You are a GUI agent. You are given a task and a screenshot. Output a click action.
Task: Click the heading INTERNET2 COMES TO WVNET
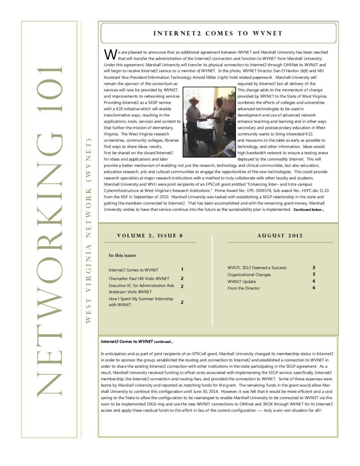point(218,33)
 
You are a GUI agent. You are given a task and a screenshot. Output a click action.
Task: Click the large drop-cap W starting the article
point(110,54)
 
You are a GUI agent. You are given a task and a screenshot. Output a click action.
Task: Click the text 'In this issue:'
point(123,255)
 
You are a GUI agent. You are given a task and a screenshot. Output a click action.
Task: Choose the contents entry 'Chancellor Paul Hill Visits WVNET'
point(139,279)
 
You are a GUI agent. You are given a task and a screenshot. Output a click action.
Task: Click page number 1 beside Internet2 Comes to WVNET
point(182,269)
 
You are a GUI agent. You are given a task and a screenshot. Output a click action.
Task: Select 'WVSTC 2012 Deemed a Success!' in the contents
point(257,268)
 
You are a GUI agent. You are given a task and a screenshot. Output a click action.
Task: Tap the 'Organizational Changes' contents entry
point(249,274)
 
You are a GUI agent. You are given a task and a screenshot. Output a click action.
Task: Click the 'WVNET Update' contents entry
point(242,281)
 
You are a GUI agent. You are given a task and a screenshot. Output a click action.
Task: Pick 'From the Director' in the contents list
point(244,288)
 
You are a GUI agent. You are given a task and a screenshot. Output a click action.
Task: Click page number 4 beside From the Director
point(314,288)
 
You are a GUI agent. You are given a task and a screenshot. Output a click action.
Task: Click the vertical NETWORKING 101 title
point(49,230)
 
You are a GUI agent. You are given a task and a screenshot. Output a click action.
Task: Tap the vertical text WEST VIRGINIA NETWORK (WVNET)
point(89,230)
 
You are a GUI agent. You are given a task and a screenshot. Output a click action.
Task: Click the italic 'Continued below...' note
point(309,210)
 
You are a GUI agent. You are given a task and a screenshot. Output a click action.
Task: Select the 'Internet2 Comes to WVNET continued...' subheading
point(137,341)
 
